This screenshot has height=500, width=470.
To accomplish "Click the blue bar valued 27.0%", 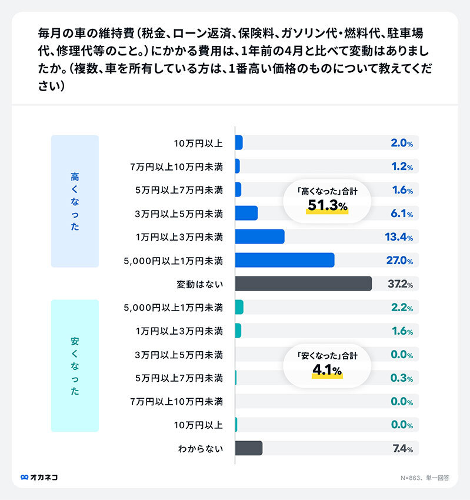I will coord(285,260).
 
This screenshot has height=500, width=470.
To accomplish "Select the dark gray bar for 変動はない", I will coord(304,284).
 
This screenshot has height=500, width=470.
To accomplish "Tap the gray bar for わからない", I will coord(249,448).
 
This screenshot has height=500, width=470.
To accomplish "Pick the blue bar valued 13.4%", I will coord(259,236).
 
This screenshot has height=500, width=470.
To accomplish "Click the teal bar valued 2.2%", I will coord(239,307).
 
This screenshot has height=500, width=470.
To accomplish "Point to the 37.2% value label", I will coord(400,284).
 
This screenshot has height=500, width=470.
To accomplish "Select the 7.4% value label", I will coord(402,449).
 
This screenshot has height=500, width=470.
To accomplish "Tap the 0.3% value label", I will coord(402,378).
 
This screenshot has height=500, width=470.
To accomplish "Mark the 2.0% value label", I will coord(402,143).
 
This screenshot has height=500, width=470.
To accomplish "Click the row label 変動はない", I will coord(200,284).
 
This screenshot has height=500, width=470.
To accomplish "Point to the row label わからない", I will coord(200,449).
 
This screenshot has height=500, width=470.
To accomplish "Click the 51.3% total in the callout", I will coord(328,205).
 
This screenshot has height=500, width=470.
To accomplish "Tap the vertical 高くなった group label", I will coord(75,201).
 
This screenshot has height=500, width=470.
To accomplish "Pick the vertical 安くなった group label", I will coord(75,366).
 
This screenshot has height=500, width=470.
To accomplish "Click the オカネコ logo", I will coord(39,477).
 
